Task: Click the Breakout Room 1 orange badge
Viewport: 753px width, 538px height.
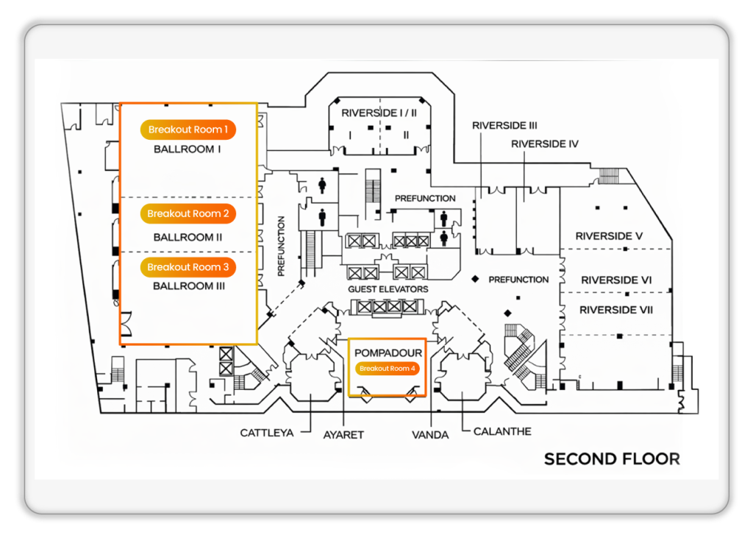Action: (x=188, y=130)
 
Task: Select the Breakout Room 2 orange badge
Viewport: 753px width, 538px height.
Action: (x=188, y=213)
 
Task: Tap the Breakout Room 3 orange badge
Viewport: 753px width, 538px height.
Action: (x=188, y=267)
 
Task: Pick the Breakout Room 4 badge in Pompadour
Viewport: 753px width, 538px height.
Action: (x=388, y=369)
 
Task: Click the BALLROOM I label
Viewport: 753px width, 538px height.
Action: (x=188, y=149)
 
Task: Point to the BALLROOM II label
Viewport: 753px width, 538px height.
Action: (x=188, y=238)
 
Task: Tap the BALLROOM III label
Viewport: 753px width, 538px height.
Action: (x=188, y=286)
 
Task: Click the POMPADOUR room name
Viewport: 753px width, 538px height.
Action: (x=388, y=353)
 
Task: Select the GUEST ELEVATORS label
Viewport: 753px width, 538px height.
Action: (x=388, y=289)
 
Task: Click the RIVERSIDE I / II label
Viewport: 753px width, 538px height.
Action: (x=379, y=113)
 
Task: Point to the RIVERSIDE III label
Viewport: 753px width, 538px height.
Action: (x=504, y=126)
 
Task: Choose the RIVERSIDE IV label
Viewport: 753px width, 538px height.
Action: (x=545, y=144)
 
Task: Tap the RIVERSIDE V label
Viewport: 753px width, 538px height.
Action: (x=610, y=236)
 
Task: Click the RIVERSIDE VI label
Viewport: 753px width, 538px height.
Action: (x=616, y=280)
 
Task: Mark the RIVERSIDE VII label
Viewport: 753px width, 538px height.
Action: (x=616, y=310)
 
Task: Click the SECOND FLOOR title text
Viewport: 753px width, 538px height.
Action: (x=612, y=459)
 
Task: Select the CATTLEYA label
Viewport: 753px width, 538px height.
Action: (x=267, y=433)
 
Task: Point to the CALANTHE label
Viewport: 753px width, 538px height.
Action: (x=502, y=431)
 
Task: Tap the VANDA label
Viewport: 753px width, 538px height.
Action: (x=430, y=435)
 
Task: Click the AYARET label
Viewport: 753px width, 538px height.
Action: (x=344, y=435)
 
